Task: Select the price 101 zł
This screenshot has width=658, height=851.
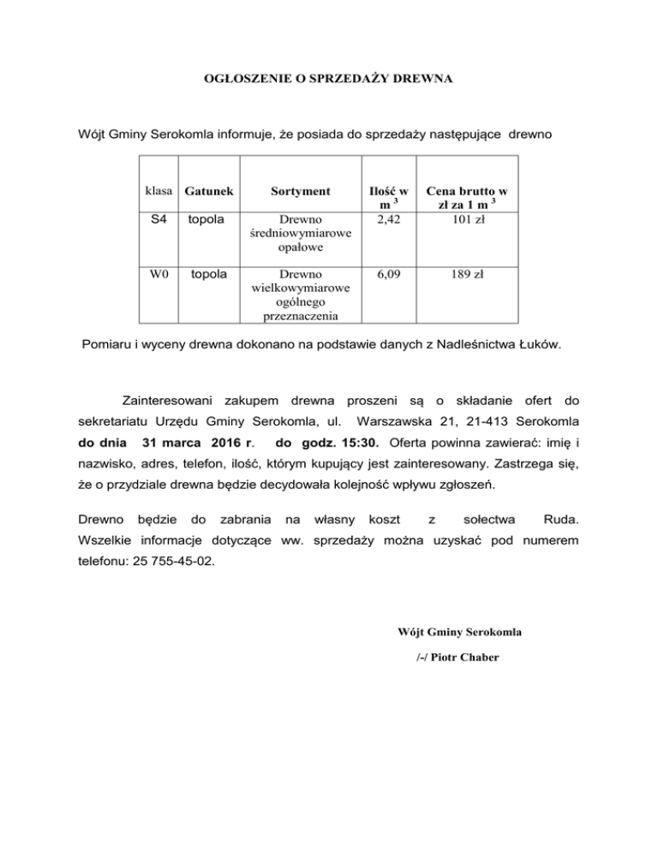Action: pos(471,219)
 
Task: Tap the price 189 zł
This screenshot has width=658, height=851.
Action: pos(471,275)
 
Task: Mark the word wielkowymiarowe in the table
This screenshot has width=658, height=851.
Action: pos(299,289)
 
